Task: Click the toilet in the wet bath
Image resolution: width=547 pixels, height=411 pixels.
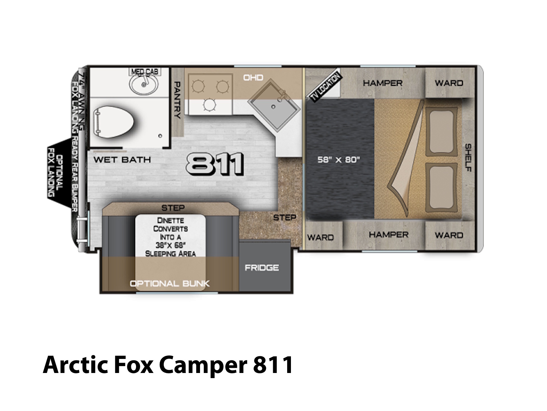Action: [x=114, y=122]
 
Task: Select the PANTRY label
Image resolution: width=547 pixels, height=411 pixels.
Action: [x=177, y=100]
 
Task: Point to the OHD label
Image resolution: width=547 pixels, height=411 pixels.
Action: [x=253, y=78]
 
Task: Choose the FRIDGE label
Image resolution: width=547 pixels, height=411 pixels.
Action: [x=262, y=268]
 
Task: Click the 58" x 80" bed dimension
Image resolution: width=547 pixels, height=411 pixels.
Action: [x=338, y=160]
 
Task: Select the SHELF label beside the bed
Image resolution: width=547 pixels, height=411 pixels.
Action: [x=468, y=158]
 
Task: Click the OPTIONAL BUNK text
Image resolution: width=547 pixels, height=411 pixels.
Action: [x=170, y=284]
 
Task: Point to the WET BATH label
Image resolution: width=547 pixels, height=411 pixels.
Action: [x=122, y=160]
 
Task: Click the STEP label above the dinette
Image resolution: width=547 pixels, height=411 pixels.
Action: [x=173, y=208]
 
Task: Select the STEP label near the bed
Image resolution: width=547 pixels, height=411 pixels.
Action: [x=284, y=217]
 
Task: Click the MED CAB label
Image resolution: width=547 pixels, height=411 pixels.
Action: [x=145, y=72]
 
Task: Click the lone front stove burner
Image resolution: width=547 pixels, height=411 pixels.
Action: [x=209, y=104]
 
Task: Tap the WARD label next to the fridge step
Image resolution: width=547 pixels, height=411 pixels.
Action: [x=320, y=237]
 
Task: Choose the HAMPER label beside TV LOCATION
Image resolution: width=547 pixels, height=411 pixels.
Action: [x=383, y=83]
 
